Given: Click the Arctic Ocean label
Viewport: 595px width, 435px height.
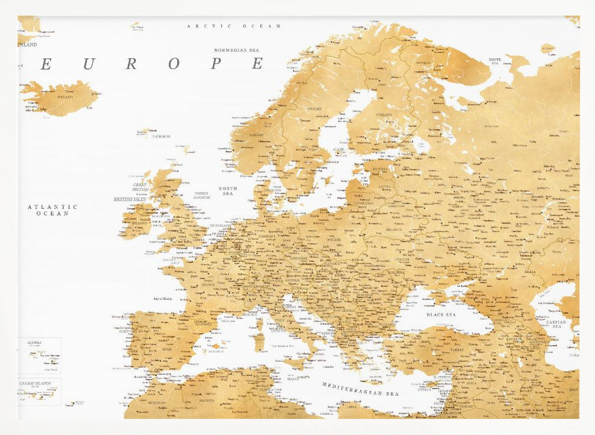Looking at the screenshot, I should (234, 26).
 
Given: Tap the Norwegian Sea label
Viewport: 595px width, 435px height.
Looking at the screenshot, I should (239, 51).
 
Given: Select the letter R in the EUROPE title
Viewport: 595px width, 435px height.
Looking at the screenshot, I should (131, 64).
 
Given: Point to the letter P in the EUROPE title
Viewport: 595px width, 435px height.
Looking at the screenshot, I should (215, 64).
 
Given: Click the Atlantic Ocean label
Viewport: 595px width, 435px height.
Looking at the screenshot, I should (52, 209).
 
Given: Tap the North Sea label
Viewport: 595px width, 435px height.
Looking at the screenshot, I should (228, 191).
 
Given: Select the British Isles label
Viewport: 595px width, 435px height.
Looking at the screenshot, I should (130, 199).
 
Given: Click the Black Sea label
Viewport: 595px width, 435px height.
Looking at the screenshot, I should (441, 314).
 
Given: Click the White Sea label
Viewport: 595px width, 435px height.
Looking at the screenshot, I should (494, 61).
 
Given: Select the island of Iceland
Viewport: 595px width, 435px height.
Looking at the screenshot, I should (59, 98).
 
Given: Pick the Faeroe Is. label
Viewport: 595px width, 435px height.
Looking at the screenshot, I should (161, 136).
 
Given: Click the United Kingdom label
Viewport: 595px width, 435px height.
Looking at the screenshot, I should (201, 195).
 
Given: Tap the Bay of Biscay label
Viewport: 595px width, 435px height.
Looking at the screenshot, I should (162, 298).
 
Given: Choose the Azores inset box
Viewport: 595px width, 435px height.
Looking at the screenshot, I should (39, 355).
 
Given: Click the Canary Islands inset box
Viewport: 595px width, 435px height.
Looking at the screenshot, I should (39, 392).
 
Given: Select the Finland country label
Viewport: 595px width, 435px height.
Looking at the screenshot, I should (384, 115).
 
